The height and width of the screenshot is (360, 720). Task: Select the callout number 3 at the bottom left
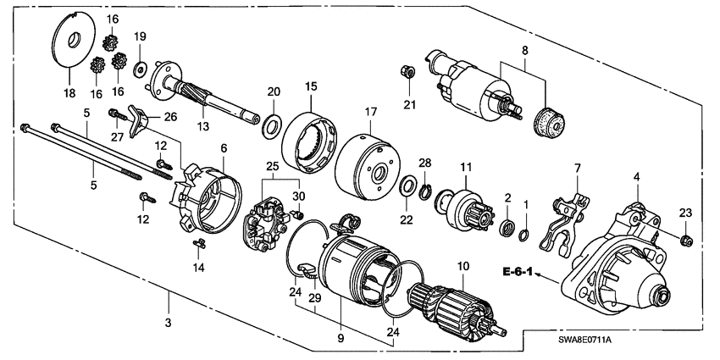[168, 323]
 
